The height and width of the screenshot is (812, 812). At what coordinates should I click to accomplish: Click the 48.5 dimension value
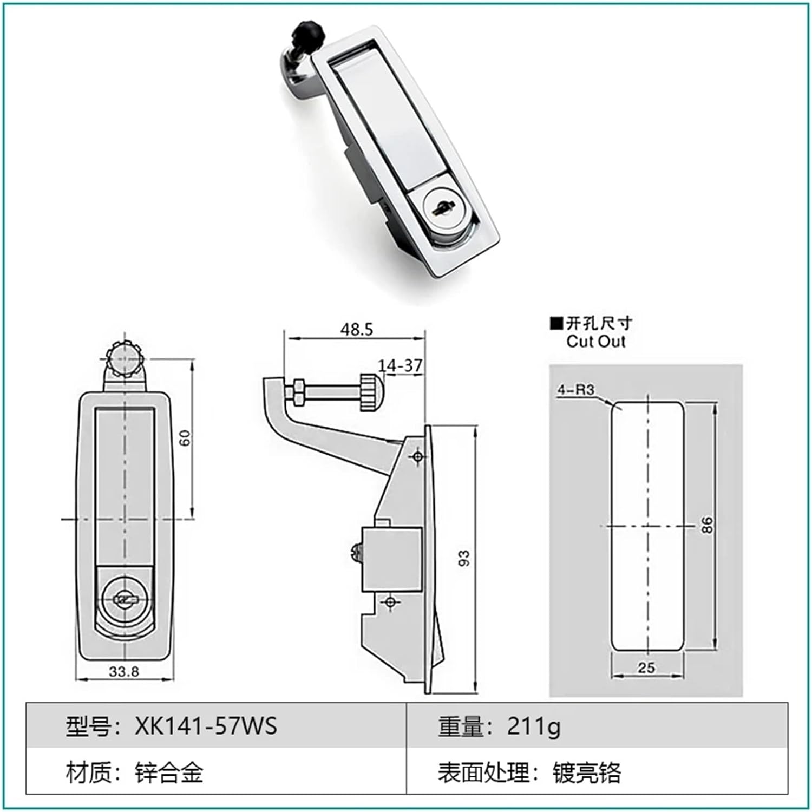pos(357,329)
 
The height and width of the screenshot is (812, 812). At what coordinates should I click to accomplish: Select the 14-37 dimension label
pos(400,366)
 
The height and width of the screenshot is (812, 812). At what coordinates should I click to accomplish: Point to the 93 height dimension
pos(464,558)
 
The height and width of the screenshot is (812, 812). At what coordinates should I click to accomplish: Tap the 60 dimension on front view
pos(186,437)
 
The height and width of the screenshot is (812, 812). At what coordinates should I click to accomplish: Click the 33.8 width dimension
pos(124,672)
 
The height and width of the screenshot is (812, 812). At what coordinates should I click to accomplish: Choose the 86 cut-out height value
pos(707,525)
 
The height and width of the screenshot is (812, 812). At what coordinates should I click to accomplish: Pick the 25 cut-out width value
pos(646,667)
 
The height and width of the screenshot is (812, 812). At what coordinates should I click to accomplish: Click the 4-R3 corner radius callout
pos(576,390)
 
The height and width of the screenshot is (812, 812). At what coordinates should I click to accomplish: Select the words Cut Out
pos(595,342)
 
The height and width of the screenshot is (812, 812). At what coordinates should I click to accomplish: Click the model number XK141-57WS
pos(206,726)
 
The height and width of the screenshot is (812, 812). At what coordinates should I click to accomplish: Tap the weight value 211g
pos(533,726)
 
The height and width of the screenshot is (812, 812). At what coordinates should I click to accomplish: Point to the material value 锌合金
pos(169,772)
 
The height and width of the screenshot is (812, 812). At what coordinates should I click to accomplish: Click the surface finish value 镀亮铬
pos(586,772)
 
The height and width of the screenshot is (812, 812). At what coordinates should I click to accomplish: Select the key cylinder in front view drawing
pos(125,599)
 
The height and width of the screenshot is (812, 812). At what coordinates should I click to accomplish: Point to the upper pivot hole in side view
pos(417,457)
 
